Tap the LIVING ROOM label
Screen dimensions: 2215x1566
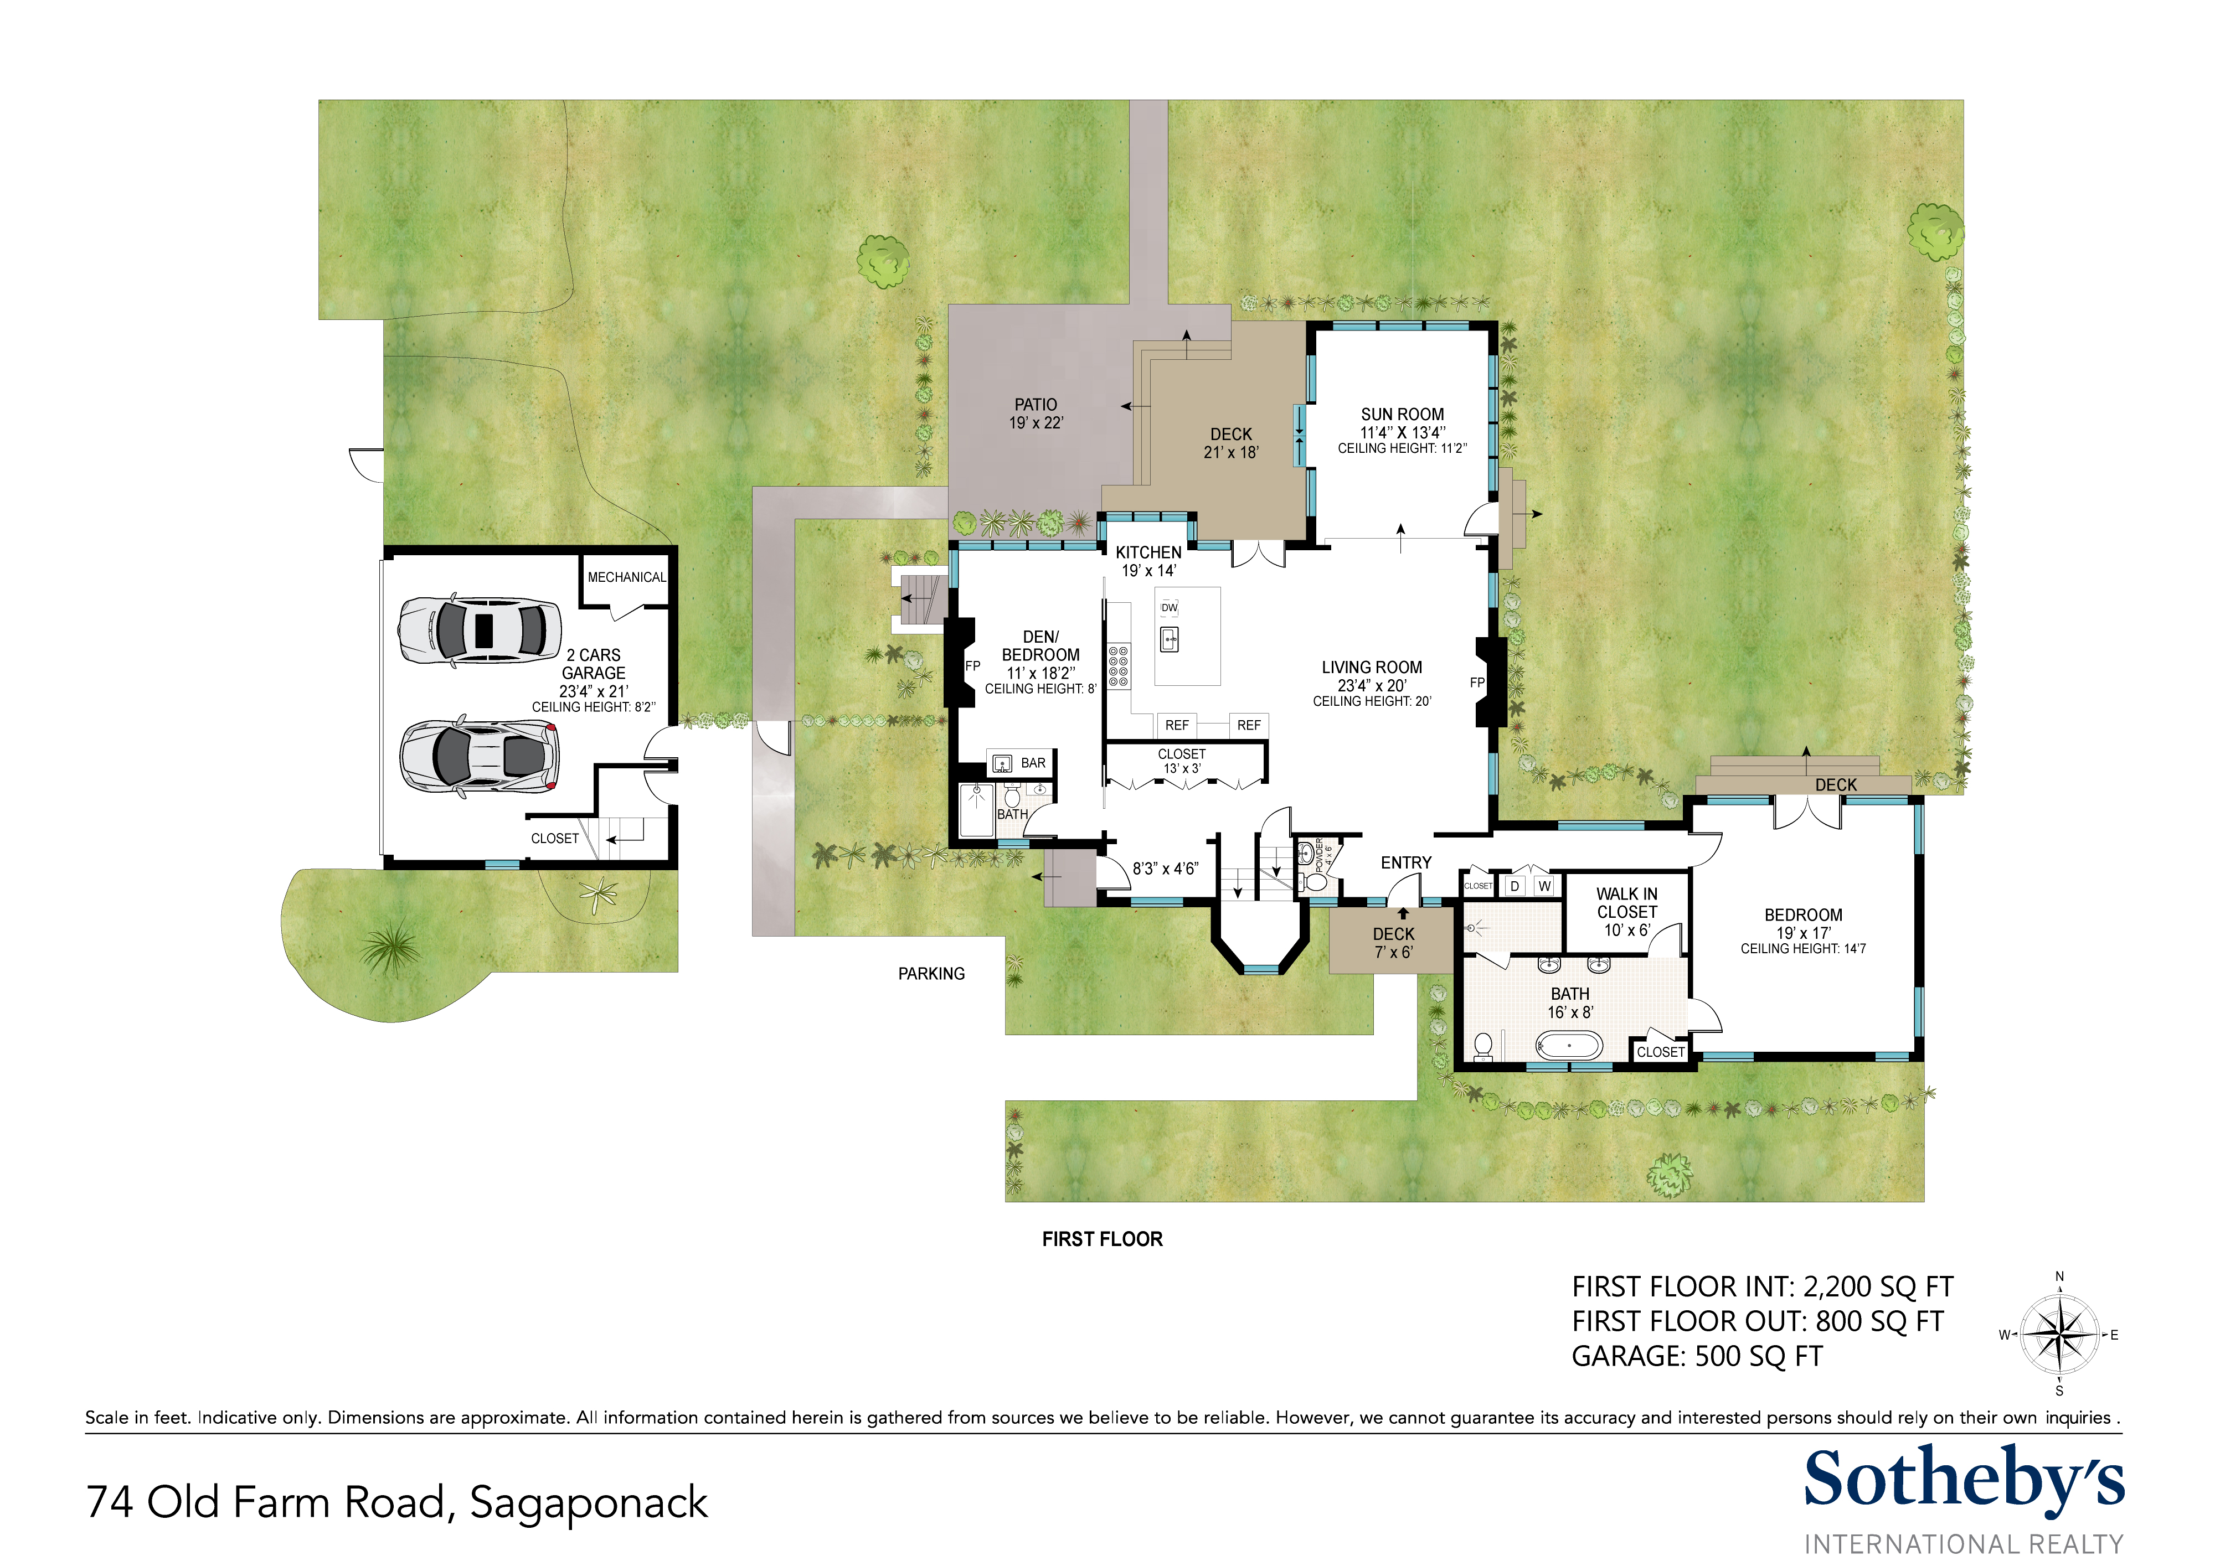pos(1371,667)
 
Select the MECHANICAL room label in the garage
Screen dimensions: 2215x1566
pos(626,577)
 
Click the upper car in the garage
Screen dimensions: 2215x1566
pos(480,630)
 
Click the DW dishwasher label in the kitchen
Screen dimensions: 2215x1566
pos(1169,607)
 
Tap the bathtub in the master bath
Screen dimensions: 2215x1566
pos(1569,1045)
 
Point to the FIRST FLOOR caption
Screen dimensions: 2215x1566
pos(1102,1239)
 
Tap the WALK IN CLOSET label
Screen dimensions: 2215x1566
pos(1626,903)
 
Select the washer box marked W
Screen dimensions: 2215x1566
pos(1544,885)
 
